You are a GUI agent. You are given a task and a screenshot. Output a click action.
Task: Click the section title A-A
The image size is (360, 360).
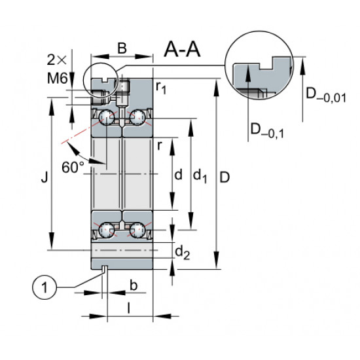182,49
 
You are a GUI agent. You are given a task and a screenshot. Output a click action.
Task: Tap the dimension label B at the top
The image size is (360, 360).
122,48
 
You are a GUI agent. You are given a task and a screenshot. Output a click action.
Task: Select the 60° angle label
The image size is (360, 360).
73,168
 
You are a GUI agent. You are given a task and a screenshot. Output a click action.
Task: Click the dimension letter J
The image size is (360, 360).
45,177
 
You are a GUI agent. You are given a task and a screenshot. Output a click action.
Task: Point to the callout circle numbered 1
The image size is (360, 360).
45,288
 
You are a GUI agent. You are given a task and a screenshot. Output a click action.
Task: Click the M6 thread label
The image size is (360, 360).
58,78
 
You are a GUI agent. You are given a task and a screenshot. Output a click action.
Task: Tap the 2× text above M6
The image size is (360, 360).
56,60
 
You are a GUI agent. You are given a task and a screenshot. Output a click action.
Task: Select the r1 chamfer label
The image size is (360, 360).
161,88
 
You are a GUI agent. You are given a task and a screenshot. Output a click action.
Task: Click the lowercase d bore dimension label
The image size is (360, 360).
179,175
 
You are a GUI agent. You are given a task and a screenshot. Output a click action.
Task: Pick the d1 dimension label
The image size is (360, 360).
200,175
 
